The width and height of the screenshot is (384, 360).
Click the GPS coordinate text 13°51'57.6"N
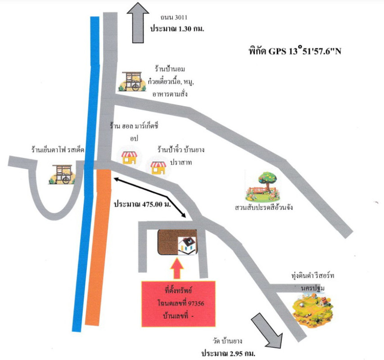coord(315,51)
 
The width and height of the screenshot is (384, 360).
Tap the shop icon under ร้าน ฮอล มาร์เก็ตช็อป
coord(129,157)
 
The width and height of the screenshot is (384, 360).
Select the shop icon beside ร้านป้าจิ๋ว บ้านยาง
coord(158,167)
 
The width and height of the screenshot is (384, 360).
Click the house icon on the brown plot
coord(188,245)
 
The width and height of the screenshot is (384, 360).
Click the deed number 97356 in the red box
coord(194,304)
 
